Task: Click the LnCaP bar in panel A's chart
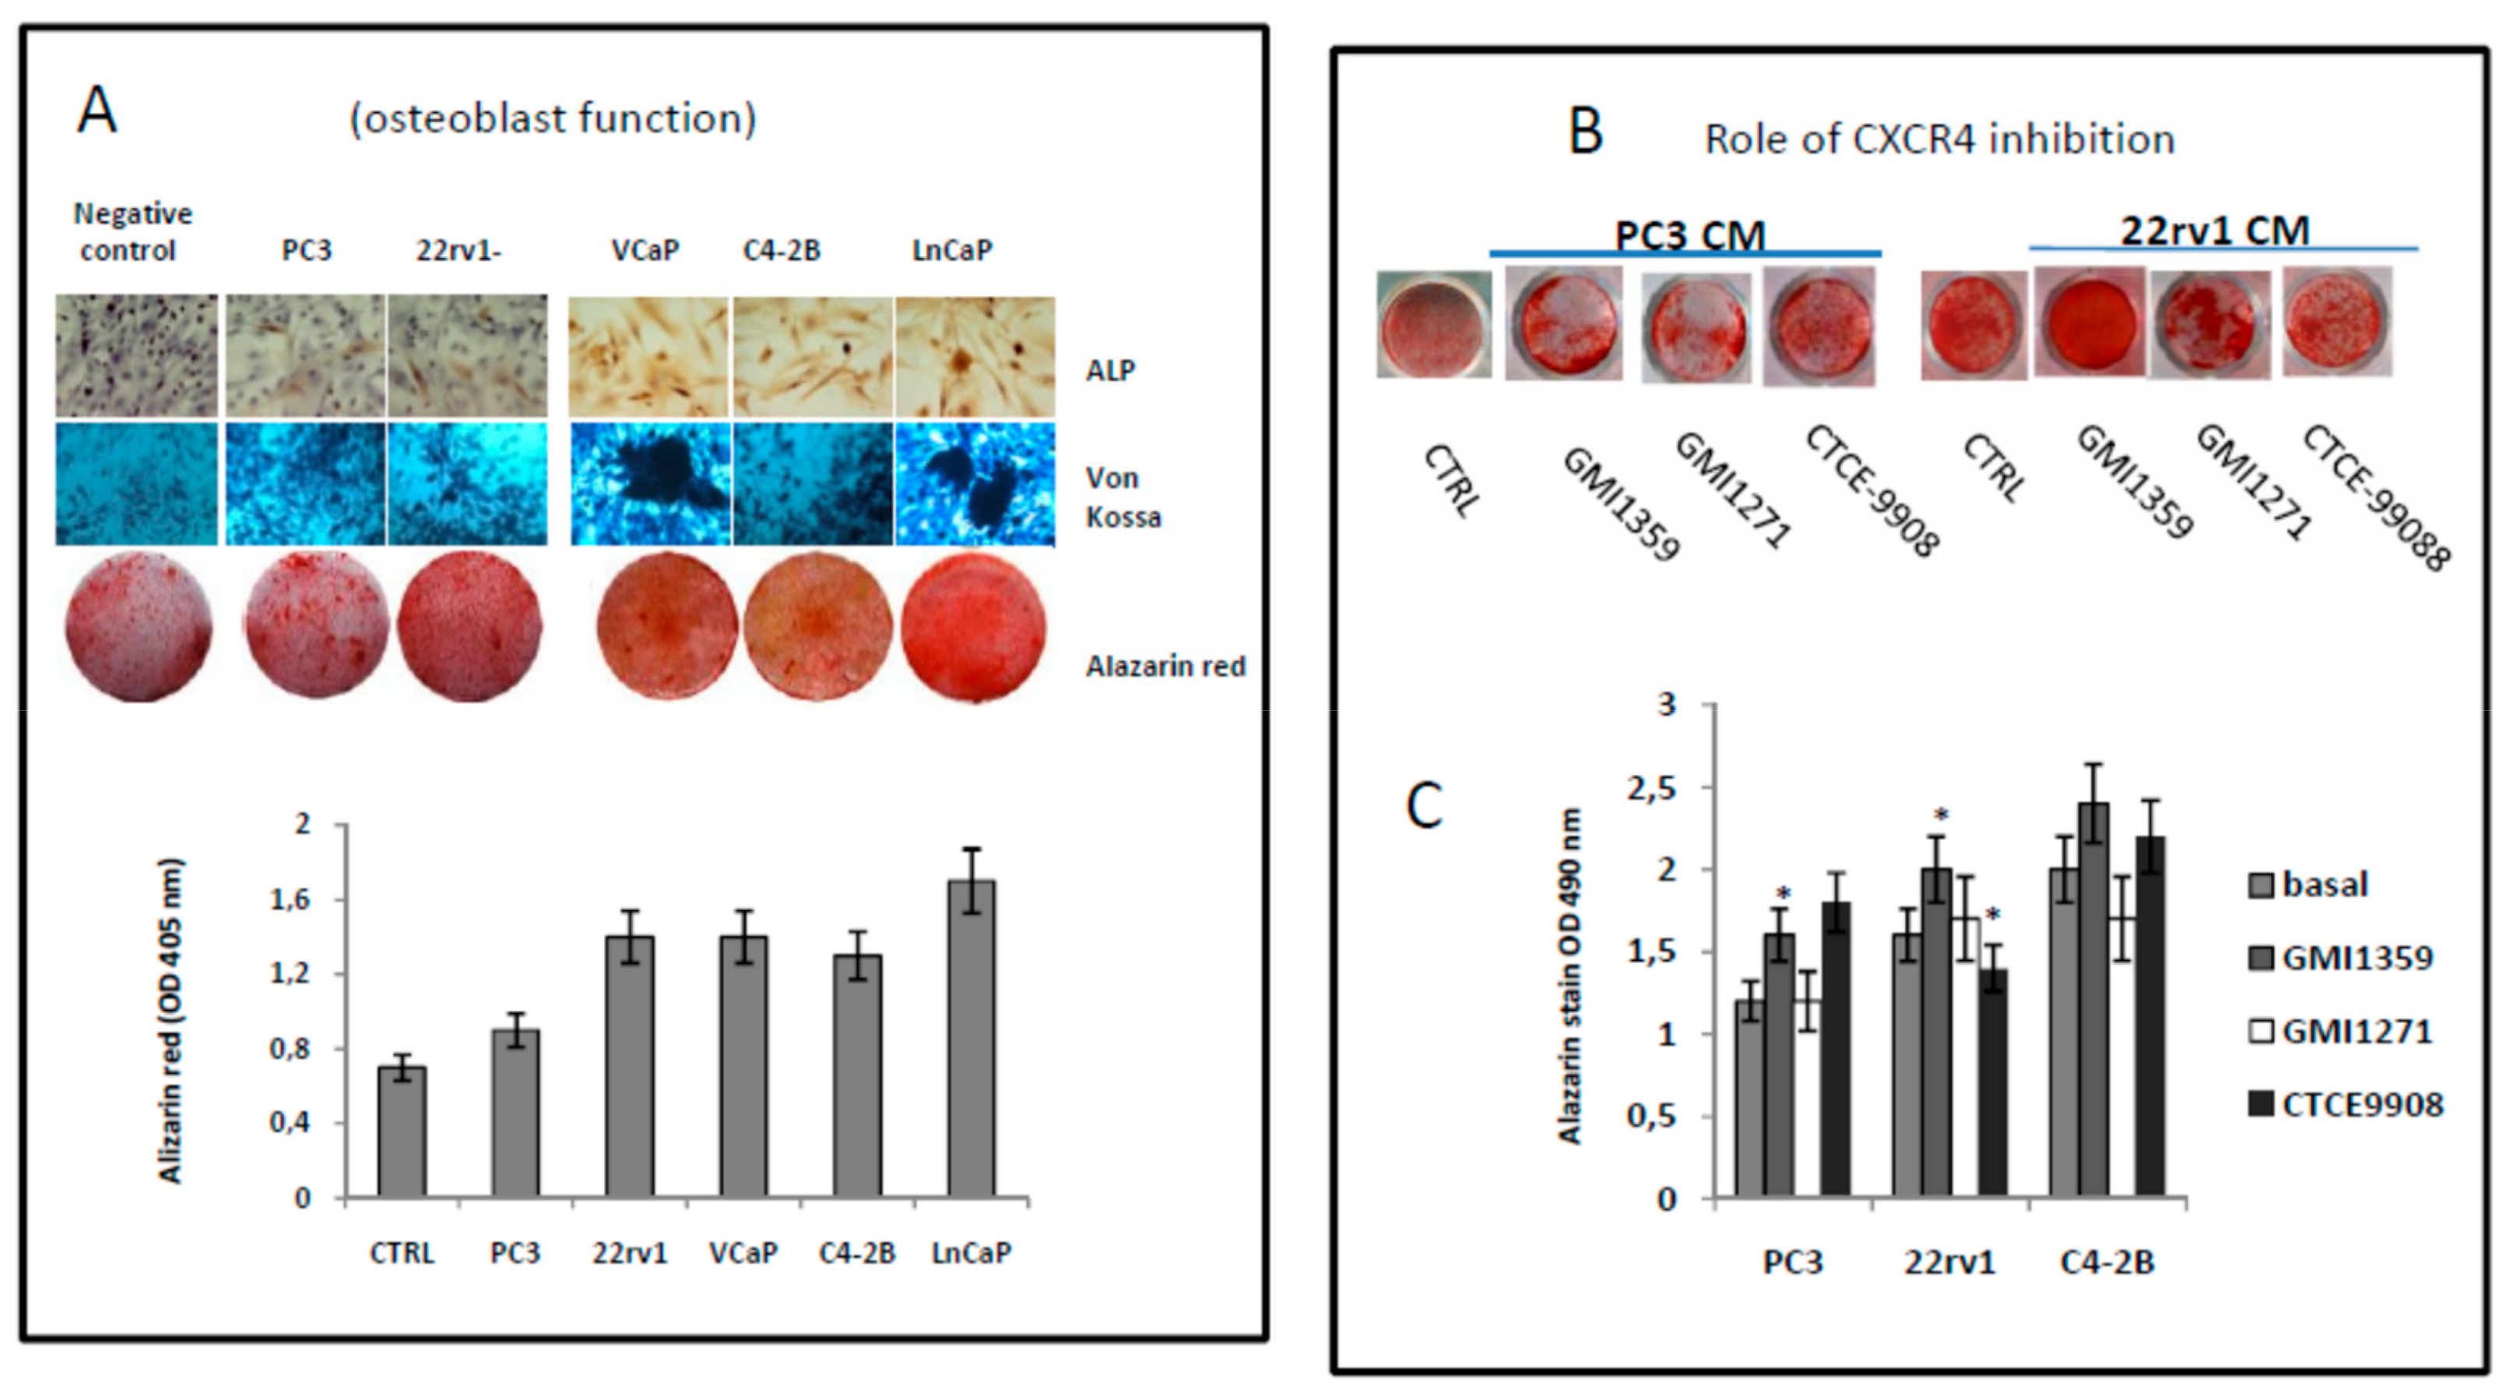(x=971, y=1039)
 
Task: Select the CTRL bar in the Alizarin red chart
(x=402, y=1131)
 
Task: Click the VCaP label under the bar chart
(x=743, y=1253)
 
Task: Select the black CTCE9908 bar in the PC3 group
(x=1836, y=1050)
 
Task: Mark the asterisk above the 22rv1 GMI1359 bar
(x=1942, y=815)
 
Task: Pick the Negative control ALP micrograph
(x=136, y=356)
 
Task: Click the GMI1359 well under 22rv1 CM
(x=2089, y=322)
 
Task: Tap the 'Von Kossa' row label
(x=1122, y=497)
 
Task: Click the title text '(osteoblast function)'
(x=552, y=119)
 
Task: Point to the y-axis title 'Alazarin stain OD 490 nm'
(x=1571, y=976)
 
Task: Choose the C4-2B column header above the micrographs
(x=782, y=251)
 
